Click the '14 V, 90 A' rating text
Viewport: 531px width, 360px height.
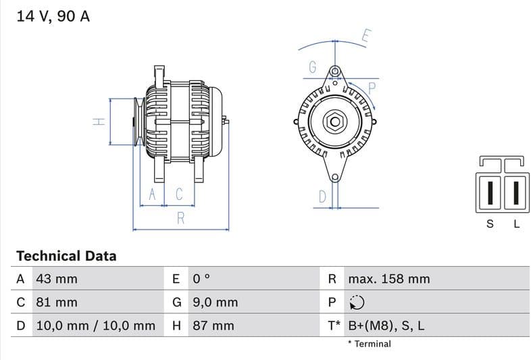pyautogui.click(x=53, y=16)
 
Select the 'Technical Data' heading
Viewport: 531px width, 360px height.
pyautogui.click(x=66, y=256)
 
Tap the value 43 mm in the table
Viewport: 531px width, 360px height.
pyautogui.click(x=56, y=279)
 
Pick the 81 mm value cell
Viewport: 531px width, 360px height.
pyautogui.click(x=56, y=302)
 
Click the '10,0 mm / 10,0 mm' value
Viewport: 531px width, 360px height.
pyautogui.click(x=95, y=326)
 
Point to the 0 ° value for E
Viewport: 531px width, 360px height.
pyautogui.click(x=201, y=279)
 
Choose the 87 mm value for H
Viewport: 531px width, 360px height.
pyautogui.click(x=213, y=326)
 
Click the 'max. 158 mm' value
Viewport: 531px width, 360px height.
pyautogui.click(x=388, y=279)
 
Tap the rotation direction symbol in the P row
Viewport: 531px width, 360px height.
pyautogui.click(x=357, y=303)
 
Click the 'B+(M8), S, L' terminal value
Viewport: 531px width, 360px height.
pyautogui.click(x=386, y=326)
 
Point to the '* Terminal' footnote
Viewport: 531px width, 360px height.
pyautogui.click(x=369, y=344)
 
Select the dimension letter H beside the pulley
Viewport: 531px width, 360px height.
pyautogui.click(x=99, y=122)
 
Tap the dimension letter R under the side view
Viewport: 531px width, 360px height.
pyautogui.click(x=180, y=218)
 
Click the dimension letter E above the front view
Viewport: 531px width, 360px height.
pyautogui.click(x=365, y=36)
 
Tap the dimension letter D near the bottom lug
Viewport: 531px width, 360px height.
pyautogui.click(x=322, y=197)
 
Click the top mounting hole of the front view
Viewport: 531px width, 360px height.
pyautogui.click(x=334, y=71)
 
